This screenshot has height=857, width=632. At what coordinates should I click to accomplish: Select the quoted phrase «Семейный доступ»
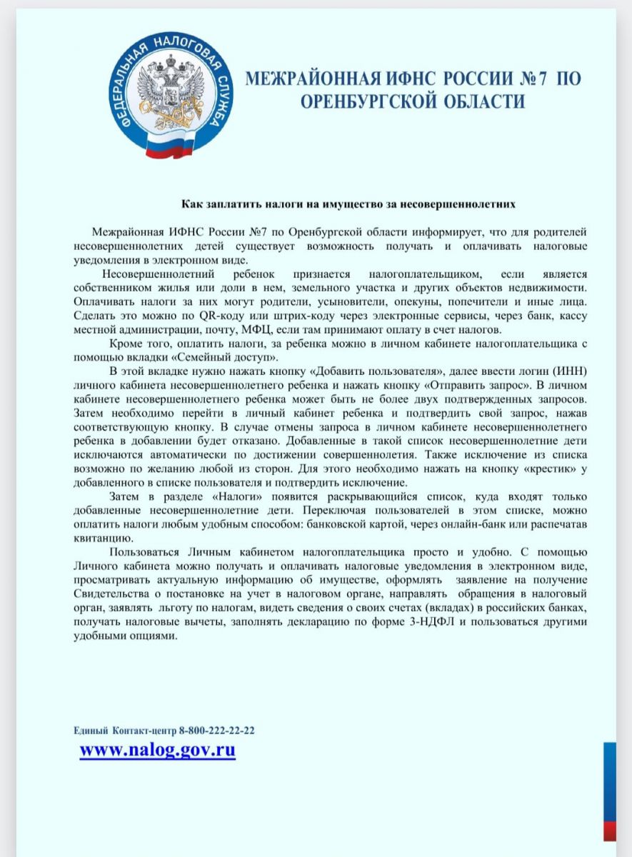coord(231,357)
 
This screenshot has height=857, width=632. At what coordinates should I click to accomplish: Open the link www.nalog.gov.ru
coord(158,750)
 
